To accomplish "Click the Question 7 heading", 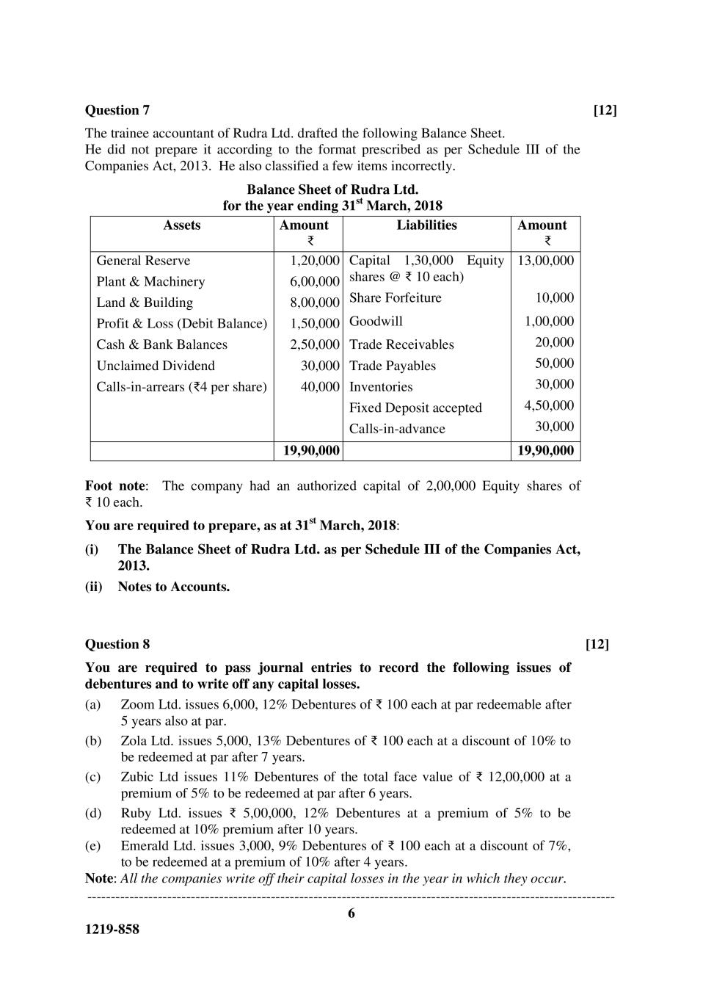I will [x=117, y=110].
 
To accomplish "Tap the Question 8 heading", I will [x=117, y=644].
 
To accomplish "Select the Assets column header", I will [x=182, y=225].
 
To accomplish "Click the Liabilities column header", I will [x=426, y=225].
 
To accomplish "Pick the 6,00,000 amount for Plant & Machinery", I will [x=315, y=281].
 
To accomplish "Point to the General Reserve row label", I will [x=143, y=261].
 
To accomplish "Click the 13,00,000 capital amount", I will [x=545, y=261].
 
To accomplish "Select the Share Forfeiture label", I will [x=395, y=297].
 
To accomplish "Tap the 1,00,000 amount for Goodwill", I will [x=549, y=321].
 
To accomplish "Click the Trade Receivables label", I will [x=401, y=344].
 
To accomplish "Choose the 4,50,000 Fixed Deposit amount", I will [x=549, y=405].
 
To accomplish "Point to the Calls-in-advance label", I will [x=397, y=429].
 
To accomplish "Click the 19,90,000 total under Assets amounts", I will [x=311, y=451].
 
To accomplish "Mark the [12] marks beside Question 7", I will [x=605, y=110].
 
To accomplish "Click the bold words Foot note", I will [x=115, y=485].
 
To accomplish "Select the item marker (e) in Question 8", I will [x=92, y=845].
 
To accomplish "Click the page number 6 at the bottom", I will [x=351, y=913].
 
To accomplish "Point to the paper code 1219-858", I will [x=112, y=929].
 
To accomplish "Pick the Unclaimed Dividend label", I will [x=156, y=366].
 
